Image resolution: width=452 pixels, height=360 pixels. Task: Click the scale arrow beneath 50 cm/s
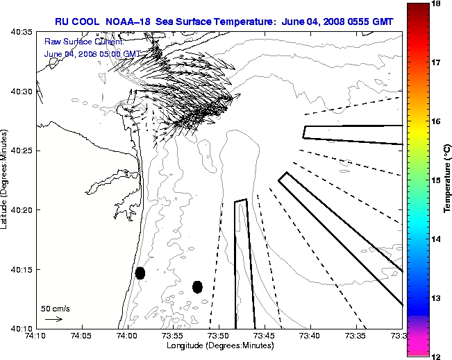coord(53,319)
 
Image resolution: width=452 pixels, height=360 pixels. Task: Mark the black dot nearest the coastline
coord(140,273)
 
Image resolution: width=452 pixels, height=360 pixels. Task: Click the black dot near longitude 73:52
coord(197,286)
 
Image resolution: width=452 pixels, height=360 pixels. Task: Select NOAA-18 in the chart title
coord(127,22)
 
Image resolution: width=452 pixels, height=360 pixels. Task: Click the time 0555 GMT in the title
coord(368,22)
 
